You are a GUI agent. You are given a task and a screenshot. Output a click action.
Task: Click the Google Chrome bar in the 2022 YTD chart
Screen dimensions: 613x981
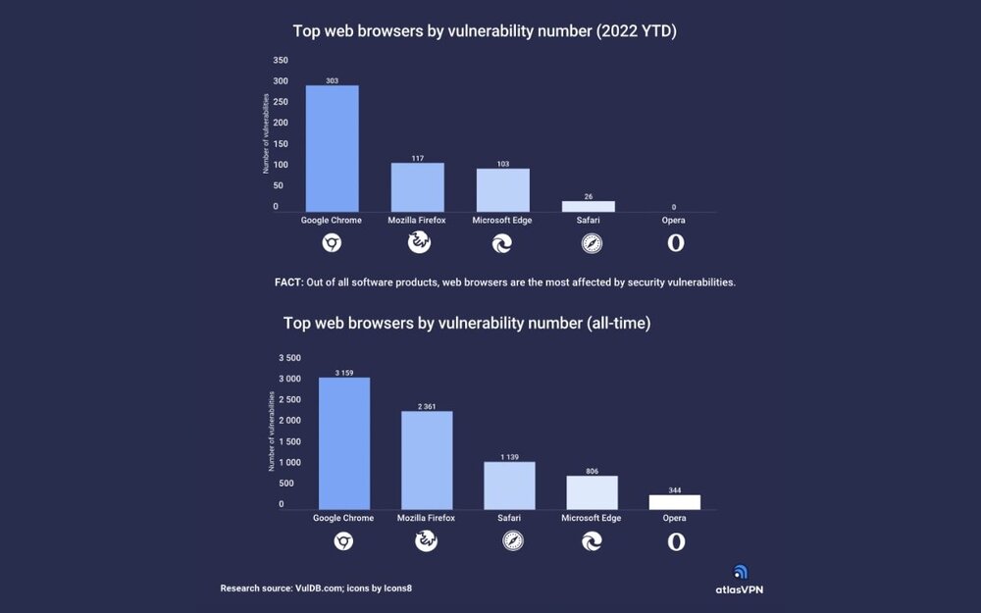[x=332, y=149]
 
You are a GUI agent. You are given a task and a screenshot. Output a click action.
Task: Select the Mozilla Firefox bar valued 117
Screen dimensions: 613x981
[x=417, y=187]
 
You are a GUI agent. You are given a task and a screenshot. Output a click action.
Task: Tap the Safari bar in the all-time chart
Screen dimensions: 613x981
[x=509, y=485]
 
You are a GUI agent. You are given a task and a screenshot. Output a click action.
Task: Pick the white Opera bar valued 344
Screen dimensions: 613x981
[x=675, y=502]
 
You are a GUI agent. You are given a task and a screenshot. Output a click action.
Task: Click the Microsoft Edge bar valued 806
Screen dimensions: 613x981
[x=592, y=492]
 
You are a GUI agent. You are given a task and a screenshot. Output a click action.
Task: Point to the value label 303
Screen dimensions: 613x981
[x=332, y=80]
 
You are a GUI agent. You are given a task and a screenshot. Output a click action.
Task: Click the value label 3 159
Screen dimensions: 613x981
[x=343, y=373]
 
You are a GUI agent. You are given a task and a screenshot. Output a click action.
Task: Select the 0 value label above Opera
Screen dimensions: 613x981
[x=673, y=207]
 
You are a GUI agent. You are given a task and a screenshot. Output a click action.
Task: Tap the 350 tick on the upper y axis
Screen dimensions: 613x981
[x=281, y=60]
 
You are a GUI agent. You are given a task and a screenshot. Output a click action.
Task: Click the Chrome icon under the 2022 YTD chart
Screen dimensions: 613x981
[x=332, y=243]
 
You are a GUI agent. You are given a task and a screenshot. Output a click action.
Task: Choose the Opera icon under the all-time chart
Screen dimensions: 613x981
[x=675, y=541]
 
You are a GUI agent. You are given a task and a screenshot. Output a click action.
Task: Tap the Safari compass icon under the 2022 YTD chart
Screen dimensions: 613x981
[x=591, y=243]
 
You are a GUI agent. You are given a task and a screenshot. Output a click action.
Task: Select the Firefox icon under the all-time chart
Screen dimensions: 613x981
[x=426, y=541]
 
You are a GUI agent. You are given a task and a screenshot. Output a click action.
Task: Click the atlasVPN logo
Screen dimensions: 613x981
[x=740, y=580]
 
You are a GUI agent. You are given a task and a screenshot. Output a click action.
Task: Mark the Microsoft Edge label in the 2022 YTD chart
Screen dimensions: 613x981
[x=501, y=221]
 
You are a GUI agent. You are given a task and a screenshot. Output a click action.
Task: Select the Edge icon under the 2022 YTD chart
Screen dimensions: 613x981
[x=501, y=243]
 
